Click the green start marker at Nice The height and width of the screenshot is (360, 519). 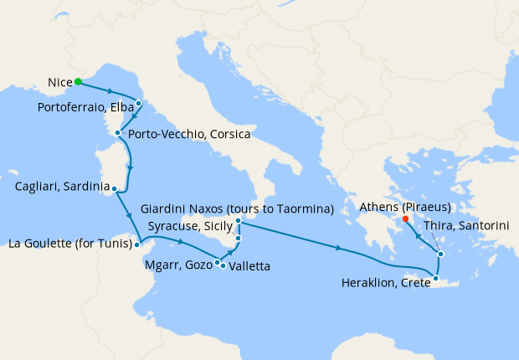(x=78, y=81)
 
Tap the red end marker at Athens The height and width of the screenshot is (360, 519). (x=405, y=219)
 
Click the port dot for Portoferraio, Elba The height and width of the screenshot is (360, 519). (x=139, y=104)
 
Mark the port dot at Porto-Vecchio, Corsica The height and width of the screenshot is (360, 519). (x=117, y=133)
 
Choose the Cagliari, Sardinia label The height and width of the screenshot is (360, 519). (x=62, y=186)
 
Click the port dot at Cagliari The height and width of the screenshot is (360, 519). (x=114, y=189)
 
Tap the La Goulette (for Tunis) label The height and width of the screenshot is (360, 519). (x=69, y=244)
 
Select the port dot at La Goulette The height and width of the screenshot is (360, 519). (x=137, y=245)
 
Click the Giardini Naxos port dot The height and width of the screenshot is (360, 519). (x=239, y=220)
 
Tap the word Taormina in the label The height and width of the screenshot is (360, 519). (x=306, y=208)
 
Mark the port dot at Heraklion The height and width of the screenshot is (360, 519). (x=435, y=278)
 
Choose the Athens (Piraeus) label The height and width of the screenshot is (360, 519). (x=405, y=207)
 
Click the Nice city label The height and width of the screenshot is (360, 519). (x=58, y=82)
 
